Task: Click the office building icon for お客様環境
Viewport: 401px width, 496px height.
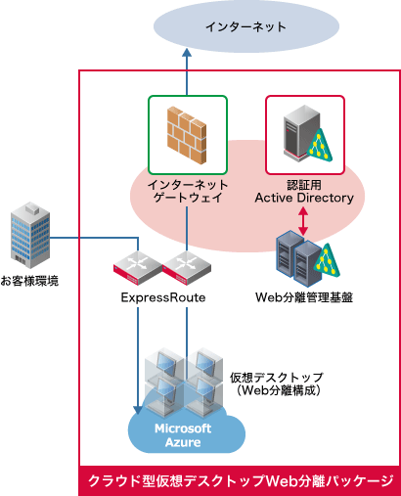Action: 28,235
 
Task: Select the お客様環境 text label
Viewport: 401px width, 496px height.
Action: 29,282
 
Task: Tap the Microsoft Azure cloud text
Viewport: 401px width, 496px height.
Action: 182,436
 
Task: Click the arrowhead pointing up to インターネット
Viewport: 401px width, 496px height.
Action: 187,61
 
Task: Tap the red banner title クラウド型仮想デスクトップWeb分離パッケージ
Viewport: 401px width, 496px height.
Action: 241,479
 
